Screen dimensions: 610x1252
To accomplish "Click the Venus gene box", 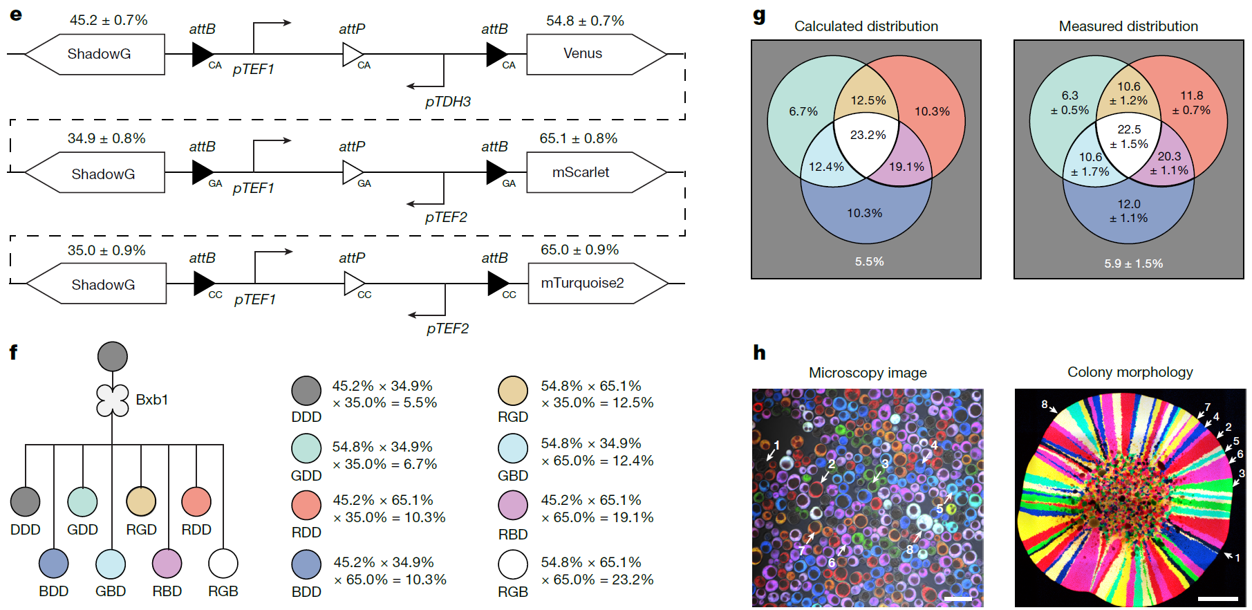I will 583,54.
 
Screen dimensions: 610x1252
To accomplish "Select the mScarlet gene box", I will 581,172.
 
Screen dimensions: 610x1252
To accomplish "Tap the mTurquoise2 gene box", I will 582,284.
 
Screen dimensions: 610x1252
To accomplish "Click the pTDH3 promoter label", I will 448,102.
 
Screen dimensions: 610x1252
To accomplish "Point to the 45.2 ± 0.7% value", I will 109,20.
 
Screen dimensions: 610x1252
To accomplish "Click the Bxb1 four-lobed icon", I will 112,400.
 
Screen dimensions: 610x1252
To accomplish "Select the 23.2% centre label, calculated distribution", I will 868,135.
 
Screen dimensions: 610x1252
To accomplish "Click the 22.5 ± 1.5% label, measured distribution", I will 1129,136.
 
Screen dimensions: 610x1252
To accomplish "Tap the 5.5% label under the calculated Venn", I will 869,261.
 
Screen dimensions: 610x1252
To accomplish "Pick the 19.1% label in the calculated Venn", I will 906,167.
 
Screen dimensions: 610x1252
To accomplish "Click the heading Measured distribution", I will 1128,26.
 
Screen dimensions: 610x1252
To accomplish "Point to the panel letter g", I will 759,15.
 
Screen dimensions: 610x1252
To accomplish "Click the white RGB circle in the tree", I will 223,564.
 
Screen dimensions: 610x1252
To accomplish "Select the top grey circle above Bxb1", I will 112,356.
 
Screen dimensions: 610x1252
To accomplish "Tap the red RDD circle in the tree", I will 196,502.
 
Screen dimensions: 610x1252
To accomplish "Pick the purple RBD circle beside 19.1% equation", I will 513,506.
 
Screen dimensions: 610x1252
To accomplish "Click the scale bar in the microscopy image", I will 957,599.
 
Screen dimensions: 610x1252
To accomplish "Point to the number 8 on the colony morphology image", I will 1044,405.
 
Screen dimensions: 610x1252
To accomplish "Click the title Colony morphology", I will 1130,372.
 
